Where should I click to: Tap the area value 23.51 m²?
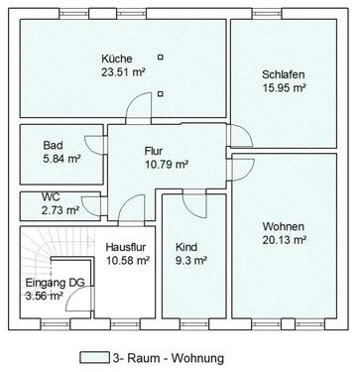click(123, 71)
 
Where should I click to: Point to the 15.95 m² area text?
click(284, 88)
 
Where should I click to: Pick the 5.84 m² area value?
click(60, 157)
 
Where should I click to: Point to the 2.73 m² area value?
click(59, 210)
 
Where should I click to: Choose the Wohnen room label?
click(284, 226)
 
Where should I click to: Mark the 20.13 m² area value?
click(284, 240)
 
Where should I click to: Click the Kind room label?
click(186, 247)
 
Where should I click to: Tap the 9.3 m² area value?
click(190, 261)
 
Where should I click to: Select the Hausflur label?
click(126, 247)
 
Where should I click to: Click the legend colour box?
click(92, 357)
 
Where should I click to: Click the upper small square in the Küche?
click(160, 58)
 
